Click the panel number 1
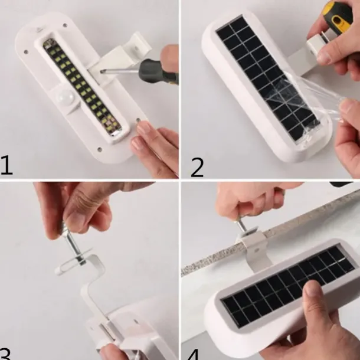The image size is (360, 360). click(x=6, y=165)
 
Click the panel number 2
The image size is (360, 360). click(x=197, y=168)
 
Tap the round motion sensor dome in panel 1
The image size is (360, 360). click(x=64, y=97)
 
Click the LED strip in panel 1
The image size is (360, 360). click(x=81, y=87)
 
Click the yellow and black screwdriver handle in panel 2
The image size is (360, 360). click(x=338, y=16)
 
